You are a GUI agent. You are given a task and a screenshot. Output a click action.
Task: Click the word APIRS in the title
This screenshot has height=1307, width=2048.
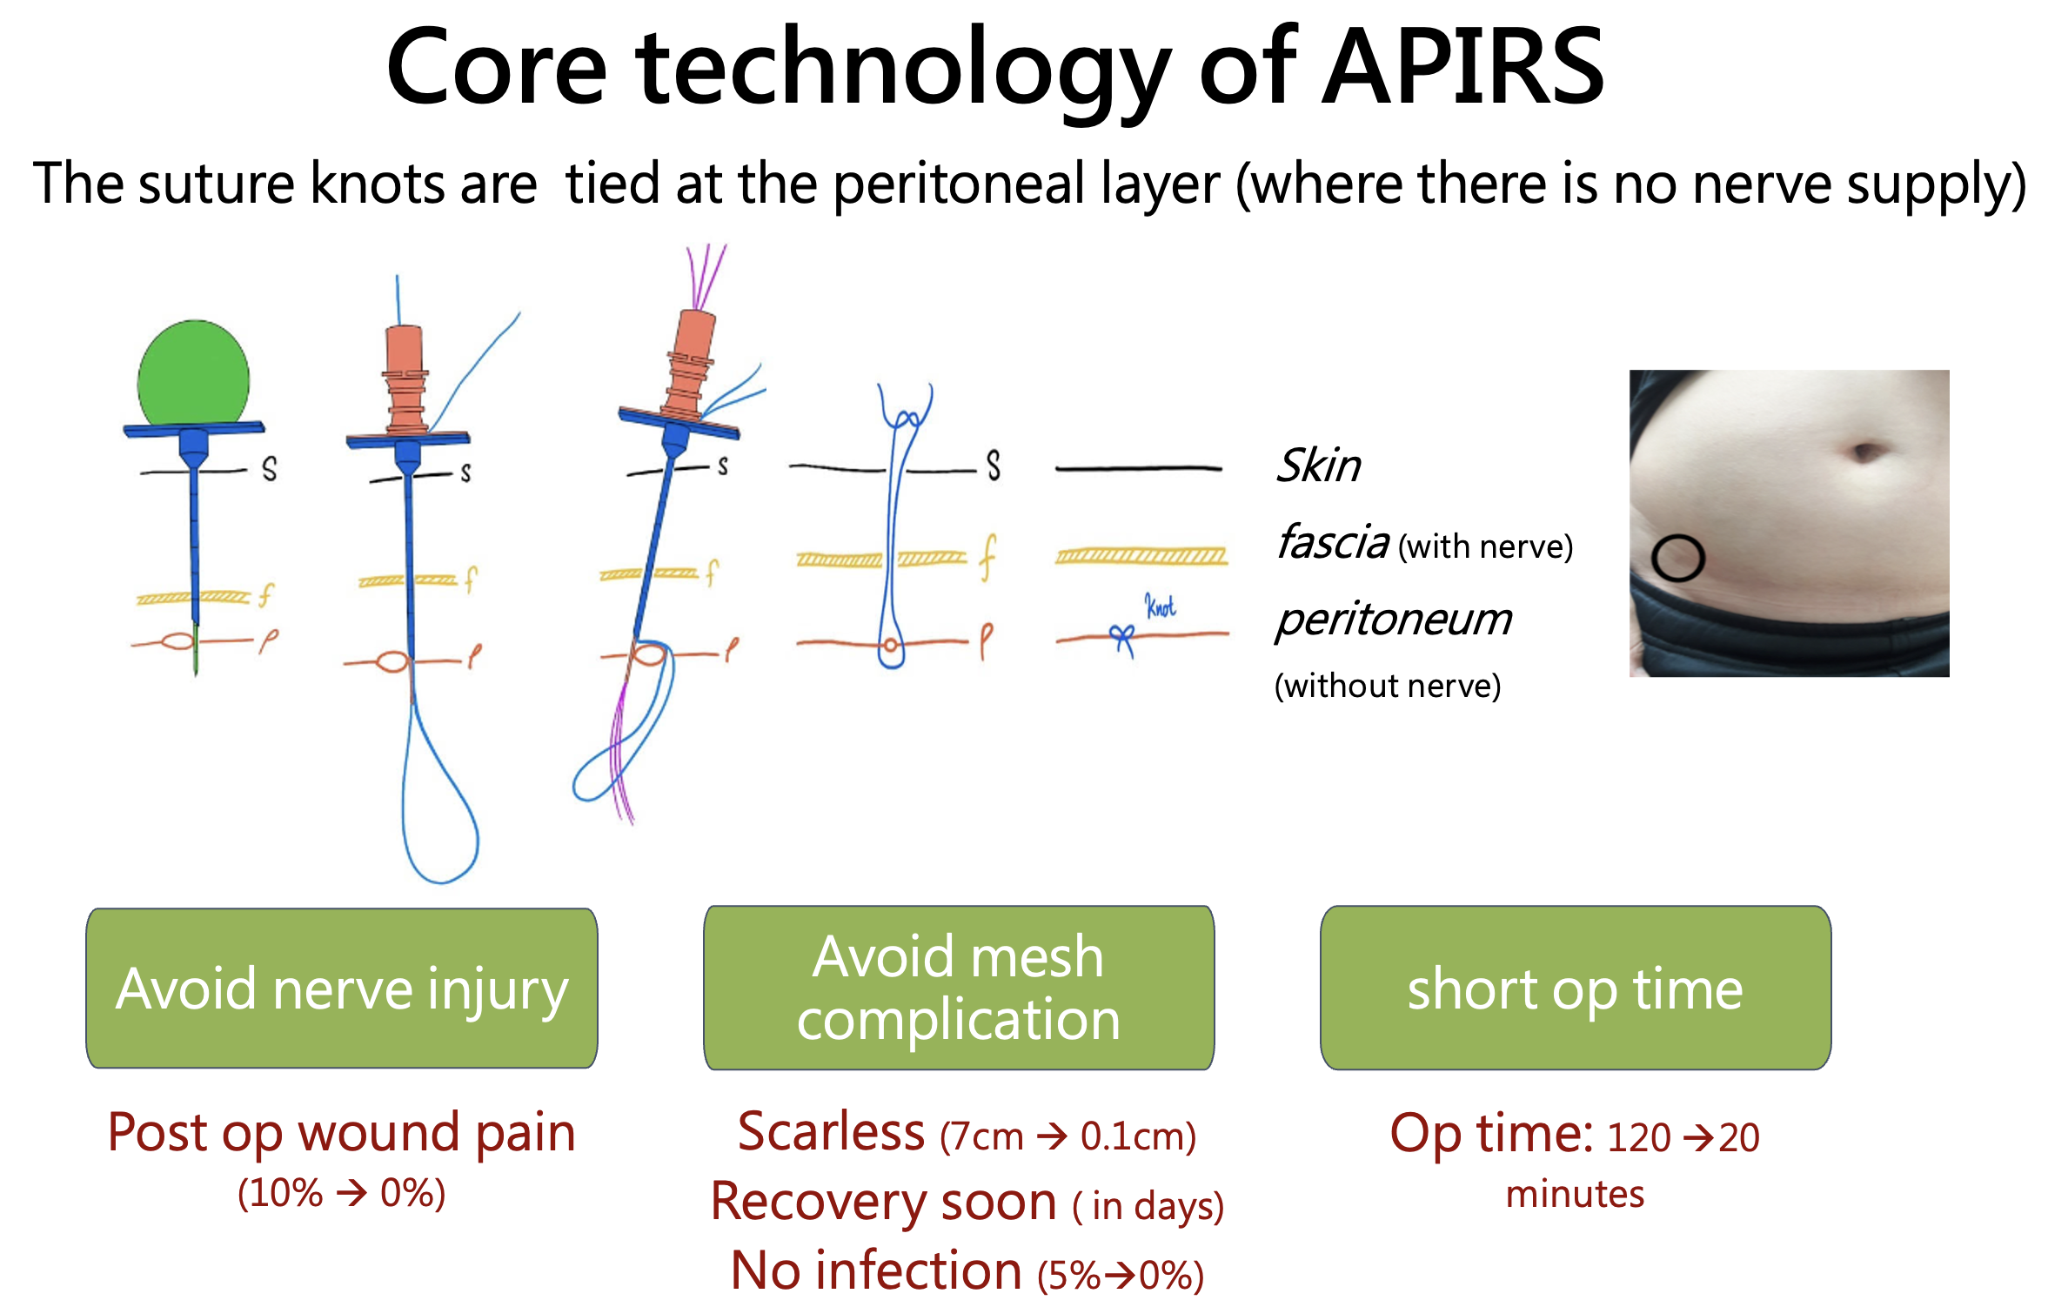1462,68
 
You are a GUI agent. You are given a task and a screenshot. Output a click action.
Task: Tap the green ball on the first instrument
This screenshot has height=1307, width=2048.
193,374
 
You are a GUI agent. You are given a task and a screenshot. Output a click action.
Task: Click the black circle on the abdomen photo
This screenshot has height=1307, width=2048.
1677,558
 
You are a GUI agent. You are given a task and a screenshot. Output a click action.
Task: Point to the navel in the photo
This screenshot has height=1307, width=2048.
1864,452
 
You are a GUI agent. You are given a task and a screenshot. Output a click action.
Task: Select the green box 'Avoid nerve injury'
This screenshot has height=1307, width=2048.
342,989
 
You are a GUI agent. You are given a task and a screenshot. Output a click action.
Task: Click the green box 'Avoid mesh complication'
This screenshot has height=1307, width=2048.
959,989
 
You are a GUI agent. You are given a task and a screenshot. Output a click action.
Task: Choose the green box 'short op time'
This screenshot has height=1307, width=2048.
1576,989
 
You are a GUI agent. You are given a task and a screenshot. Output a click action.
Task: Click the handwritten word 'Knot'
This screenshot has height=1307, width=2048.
1160,606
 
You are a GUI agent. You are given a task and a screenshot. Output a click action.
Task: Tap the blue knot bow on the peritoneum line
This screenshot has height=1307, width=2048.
1121,638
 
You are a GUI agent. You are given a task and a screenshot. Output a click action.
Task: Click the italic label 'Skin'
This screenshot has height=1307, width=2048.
1318,466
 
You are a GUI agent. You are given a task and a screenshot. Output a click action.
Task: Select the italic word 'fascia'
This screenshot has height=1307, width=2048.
1332,542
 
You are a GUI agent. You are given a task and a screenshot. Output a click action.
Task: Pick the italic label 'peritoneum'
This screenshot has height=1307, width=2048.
1394,620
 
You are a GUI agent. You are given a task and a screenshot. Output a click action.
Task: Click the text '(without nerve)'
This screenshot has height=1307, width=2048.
1388,686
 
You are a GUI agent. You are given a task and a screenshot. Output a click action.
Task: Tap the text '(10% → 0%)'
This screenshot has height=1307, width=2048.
342,1193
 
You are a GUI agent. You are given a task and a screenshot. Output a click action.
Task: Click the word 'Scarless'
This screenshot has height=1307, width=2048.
831,1132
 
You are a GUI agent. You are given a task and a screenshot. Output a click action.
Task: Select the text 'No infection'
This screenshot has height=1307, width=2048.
875,1271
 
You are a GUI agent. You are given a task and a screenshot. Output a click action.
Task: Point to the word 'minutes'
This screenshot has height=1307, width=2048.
1575,1194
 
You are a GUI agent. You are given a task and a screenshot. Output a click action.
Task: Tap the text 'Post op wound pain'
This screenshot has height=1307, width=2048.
342,1133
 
